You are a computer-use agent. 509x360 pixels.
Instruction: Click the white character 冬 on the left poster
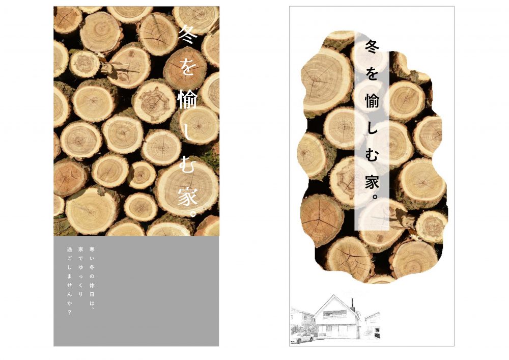point(188,35)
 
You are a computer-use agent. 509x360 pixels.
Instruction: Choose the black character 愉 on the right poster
point(372,101)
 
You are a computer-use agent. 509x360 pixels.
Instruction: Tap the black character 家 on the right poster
point(372,182)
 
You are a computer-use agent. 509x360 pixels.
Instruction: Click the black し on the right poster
point(372,128)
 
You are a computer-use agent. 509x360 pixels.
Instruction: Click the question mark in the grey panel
point(69,313)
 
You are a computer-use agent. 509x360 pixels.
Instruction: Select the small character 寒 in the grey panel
point(92,250)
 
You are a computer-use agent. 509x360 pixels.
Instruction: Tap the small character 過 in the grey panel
point(69,250)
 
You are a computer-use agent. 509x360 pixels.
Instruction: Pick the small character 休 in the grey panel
point(92,285)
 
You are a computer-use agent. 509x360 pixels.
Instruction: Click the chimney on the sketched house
point(352,303)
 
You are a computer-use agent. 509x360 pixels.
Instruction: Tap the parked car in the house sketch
point(302,338)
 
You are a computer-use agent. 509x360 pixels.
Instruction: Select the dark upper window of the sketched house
point(335,313)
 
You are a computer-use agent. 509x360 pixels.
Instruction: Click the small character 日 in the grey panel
point(92,294)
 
